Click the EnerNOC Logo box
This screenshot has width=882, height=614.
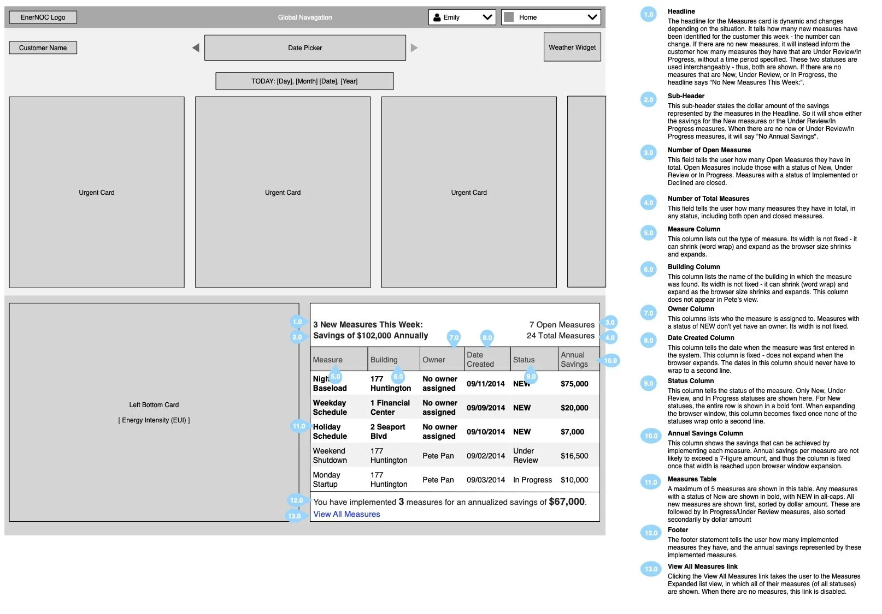43,17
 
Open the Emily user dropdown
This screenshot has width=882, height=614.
462,17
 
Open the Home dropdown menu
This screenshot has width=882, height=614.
551,17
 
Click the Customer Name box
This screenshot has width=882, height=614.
43,48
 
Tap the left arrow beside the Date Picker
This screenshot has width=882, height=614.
196,48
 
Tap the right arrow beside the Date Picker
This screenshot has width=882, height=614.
414,48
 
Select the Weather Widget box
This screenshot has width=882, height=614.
572,47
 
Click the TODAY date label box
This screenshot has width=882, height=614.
304,81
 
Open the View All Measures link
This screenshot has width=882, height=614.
346,514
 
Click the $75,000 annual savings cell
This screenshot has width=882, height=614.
574,384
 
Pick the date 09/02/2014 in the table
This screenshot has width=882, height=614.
485,456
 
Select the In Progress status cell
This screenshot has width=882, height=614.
532,480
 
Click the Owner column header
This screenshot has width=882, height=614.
434,360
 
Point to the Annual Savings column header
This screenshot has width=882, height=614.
574,359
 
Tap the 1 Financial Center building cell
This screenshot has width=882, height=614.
390,408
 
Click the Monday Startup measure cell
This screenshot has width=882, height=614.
327,480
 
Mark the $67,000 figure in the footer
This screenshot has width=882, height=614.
567,502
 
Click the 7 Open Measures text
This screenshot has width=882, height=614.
561,325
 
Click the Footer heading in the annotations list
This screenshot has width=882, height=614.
678,530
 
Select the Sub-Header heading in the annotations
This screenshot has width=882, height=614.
686,96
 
